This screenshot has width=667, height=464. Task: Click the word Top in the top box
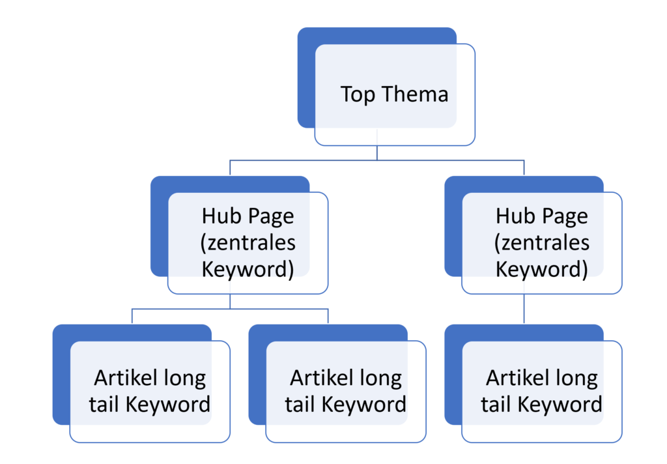[358, 94]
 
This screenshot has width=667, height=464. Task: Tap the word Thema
[415, 94]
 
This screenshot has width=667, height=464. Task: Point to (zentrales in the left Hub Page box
[248, 243]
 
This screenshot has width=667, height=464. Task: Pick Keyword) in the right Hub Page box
[541, 270]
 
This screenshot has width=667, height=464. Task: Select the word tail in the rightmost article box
[496, 405]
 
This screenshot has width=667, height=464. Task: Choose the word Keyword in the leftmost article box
[168, 405]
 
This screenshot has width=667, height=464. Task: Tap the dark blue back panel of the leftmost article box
[61, 375]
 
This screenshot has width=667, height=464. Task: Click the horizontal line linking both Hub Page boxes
[377, 160]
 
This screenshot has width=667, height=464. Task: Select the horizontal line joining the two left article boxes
[230, 309]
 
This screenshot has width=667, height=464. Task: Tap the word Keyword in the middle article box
[364, 405]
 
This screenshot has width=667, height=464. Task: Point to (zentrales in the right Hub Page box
[542, 243]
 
